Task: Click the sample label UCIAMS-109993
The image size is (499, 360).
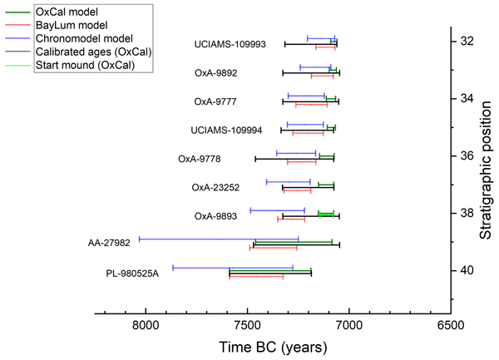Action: (x=230, y=44)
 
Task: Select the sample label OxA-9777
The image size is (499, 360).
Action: (x=215, y=101)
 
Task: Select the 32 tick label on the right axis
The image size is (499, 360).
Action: (x=467, y=41)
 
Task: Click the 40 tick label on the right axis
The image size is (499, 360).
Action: (x=467, y=270)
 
